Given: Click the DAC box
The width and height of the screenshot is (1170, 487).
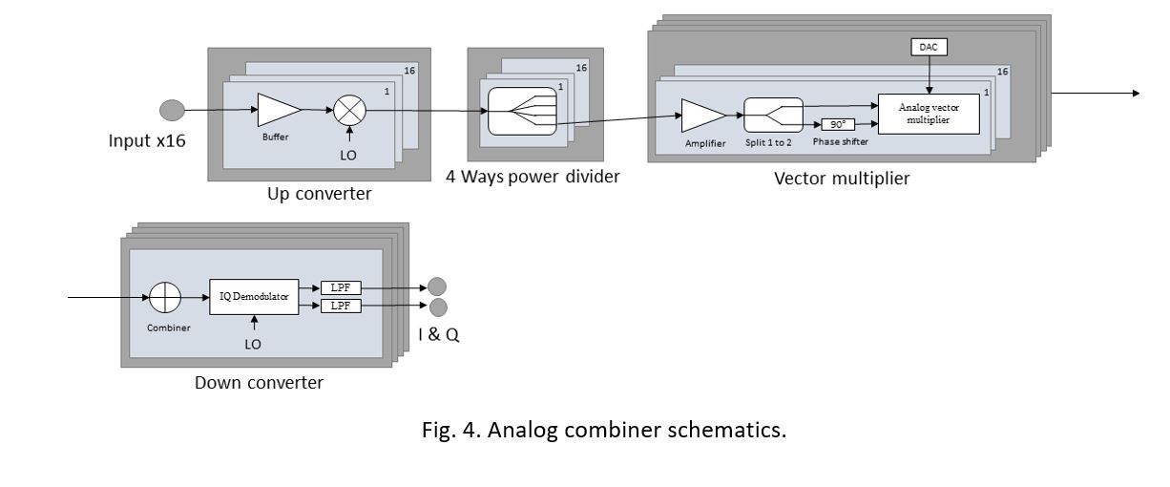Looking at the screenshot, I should click(929, 47).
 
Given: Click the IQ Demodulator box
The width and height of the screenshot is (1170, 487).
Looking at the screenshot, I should click(254, 296).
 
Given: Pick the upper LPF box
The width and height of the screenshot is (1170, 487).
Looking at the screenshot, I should click(341, 287).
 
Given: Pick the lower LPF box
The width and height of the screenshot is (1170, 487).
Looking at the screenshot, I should click(341, 306).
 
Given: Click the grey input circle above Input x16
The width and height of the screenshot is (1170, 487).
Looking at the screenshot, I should click(172, 111).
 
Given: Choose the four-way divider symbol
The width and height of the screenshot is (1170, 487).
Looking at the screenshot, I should click(521, 112).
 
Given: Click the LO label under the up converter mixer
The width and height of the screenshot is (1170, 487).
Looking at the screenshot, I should click(349, 153).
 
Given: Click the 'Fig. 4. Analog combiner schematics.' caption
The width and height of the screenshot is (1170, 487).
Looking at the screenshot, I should click(604, 430).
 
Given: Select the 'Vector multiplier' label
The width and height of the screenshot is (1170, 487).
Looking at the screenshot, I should click(842, 178).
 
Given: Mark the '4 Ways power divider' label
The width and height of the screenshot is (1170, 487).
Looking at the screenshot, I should click(532, 176).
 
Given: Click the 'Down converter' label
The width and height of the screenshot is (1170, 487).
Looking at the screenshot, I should click(259, 383).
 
